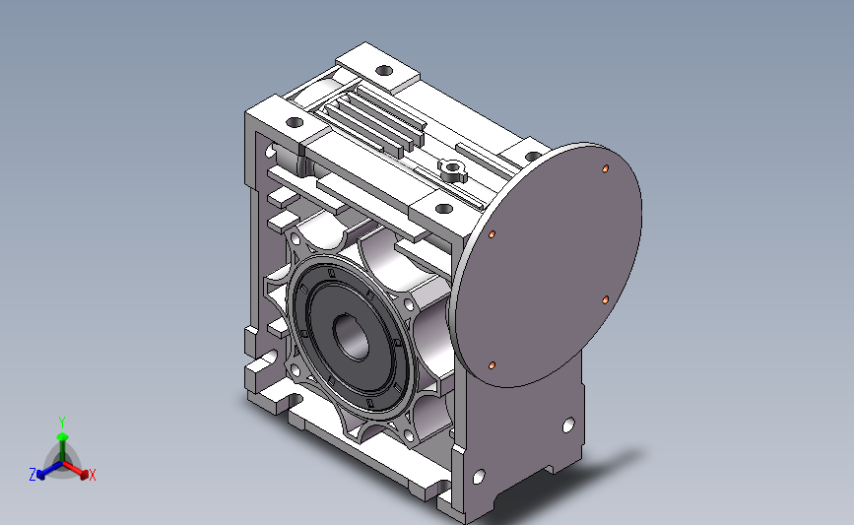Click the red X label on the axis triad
(92, 475)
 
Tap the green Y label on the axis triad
(62, 423)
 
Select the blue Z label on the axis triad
(33, 475)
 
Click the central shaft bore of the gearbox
(352, 337)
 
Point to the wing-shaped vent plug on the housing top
(452, 170)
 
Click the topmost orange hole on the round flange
(605, 168)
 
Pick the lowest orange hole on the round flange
(492, 364)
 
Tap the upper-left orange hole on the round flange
(492, 234)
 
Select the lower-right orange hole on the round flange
(605, 300)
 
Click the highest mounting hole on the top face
(384, 70)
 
